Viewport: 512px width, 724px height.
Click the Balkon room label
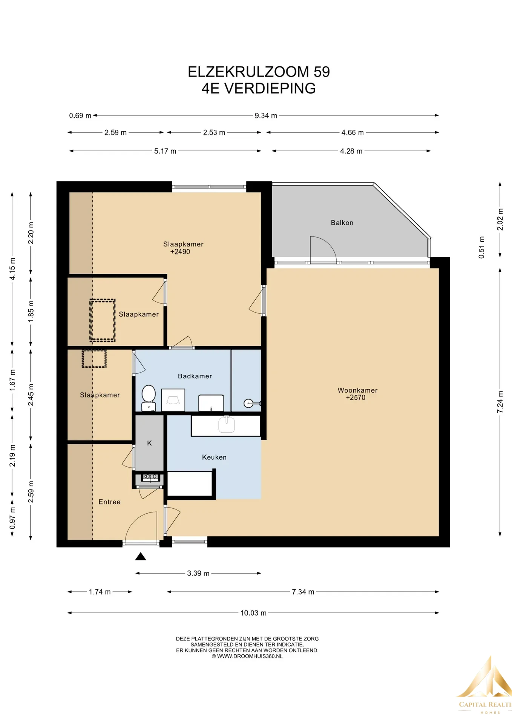click(342, 223)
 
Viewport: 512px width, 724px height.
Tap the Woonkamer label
click(357, 390)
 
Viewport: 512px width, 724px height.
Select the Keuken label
click(214, 457)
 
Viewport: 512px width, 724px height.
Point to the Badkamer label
click(195, 376)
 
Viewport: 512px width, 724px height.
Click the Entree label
click(109, 502)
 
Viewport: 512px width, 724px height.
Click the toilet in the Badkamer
click(149, 398)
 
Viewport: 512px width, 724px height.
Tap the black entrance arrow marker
click(141, 556)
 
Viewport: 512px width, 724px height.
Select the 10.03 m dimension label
click(253, 613)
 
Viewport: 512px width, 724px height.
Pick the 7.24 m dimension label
click(500, 402)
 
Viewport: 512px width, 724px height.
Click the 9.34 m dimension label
click(266, 115)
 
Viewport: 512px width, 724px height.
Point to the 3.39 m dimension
click(198, 573)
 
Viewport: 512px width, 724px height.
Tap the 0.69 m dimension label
click(80, 115)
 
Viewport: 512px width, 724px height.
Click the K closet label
click(149, 443)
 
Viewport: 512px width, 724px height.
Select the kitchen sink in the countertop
click(227, 425)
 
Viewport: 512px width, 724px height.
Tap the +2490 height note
click(180, 252)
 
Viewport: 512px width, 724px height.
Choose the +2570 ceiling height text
click(356, 397)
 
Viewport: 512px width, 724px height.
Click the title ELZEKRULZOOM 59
click(259, 72)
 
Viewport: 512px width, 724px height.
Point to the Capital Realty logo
click(484, 686)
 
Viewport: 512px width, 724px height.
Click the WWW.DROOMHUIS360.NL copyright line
click(247, 656)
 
